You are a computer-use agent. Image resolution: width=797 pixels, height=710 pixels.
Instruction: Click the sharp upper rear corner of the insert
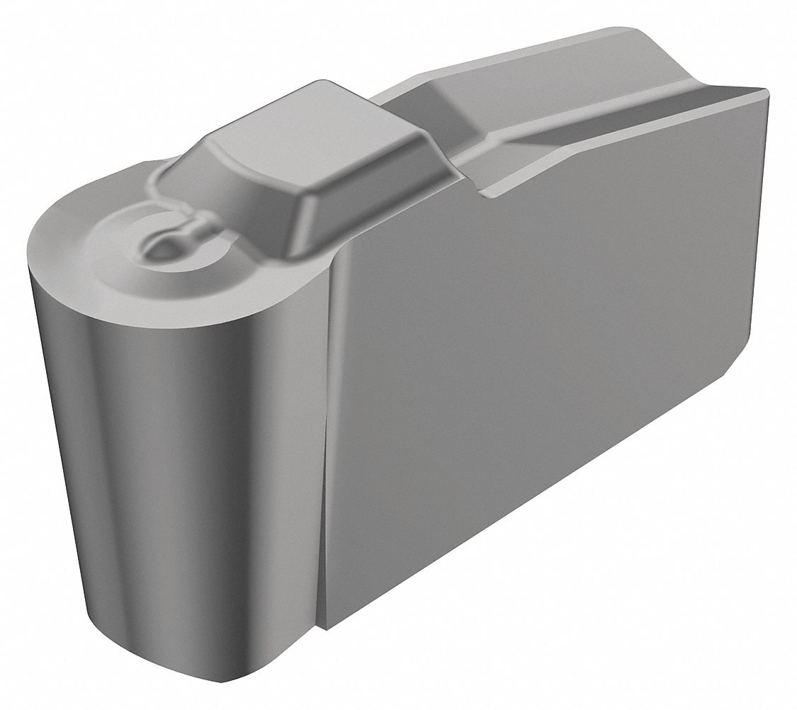coord(767,90)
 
